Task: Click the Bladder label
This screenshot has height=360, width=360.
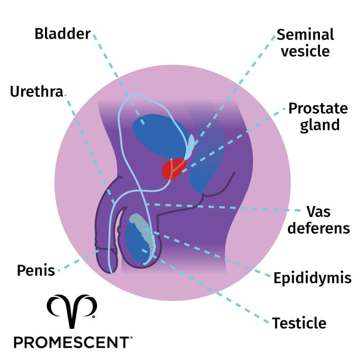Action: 63,34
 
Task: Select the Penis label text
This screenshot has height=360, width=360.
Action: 36,270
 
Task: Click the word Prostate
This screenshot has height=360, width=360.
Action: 318,108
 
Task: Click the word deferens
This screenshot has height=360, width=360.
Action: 319,228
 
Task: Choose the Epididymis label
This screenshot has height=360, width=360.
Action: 312,278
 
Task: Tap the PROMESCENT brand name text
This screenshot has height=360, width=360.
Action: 72,342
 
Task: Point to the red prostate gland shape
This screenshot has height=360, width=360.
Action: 171,169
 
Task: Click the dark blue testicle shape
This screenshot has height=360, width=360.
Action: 135,245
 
